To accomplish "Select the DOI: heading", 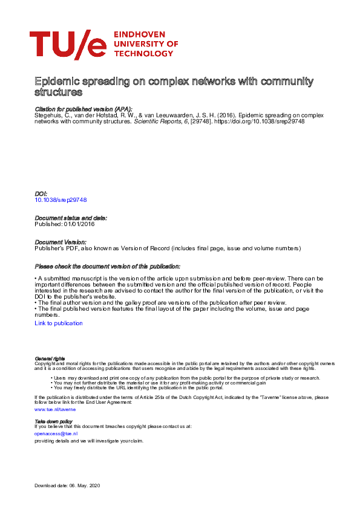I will pyautogui.click(x=42, y=193).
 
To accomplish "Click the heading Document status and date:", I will pyautogui.click(x=71, y=218).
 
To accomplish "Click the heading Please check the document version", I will pyautogui.click(x=107, y=267).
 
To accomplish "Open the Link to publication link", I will pyautogui.click(x=59, y=323).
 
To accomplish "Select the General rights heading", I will pyautogui.click(x=50, y=358).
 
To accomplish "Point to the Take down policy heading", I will pyautogui.click(x=54, y=421).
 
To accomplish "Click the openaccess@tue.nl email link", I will pyautogui.click(x=56, y=433).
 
